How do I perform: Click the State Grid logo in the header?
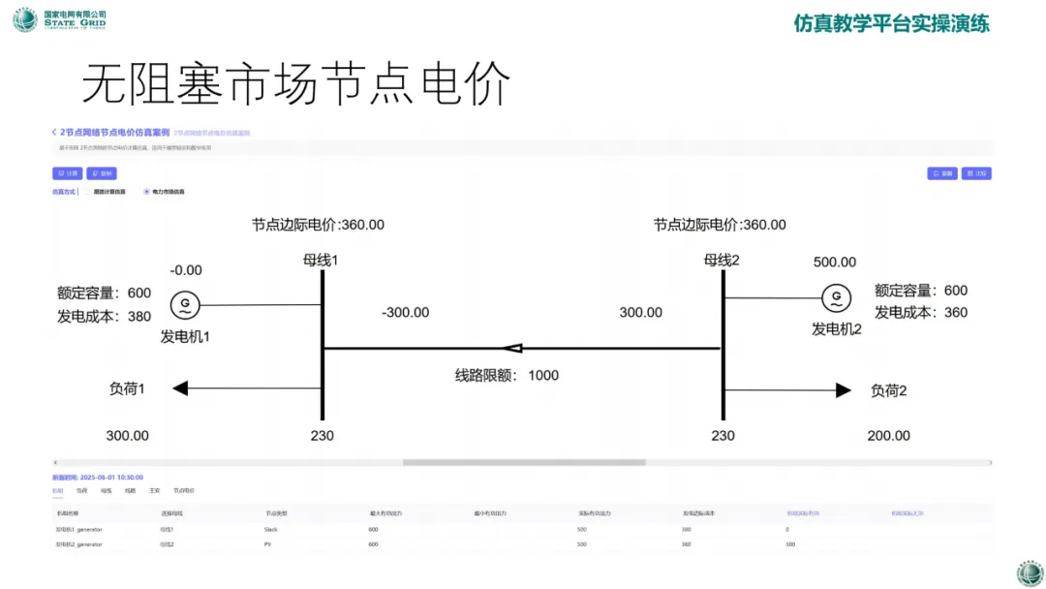(25, 19)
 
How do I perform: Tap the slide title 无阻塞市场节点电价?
(295, 85)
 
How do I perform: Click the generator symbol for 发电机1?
(184, 306)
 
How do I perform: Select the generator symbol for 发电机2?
(833, 298)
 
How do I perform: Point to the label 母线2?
(722, 260)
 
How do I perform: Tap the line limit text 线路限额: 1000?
(507, 375)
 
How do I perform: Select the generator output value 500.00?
(834, 263)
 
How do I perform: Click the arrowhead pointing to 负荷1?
(180, 388)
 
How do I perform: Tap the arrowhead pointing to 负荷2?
(844, 390)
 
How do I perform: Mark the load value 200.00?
(888, 436)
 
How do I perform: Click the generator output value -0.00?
(186, 270)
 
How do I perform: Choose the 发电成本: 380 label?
(105, 316)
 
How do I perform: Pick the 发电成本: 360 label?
(921, 312)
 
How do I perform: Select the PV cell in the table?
(268, 544)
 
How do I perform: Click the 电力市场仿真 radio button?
(146, 192)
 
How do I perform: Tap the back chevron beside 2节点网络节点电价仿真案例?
(54, 132)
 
